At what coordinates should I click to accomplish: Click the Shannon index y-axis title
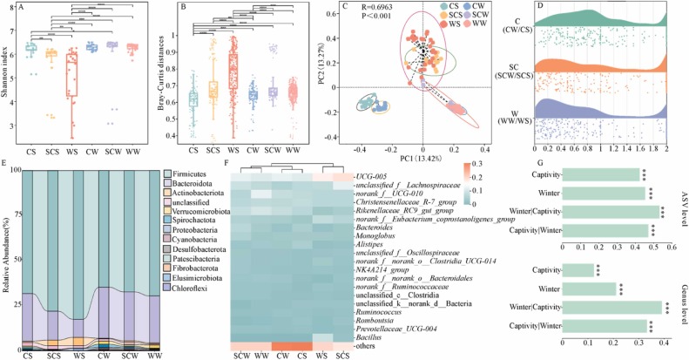(x=9, y=87)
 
